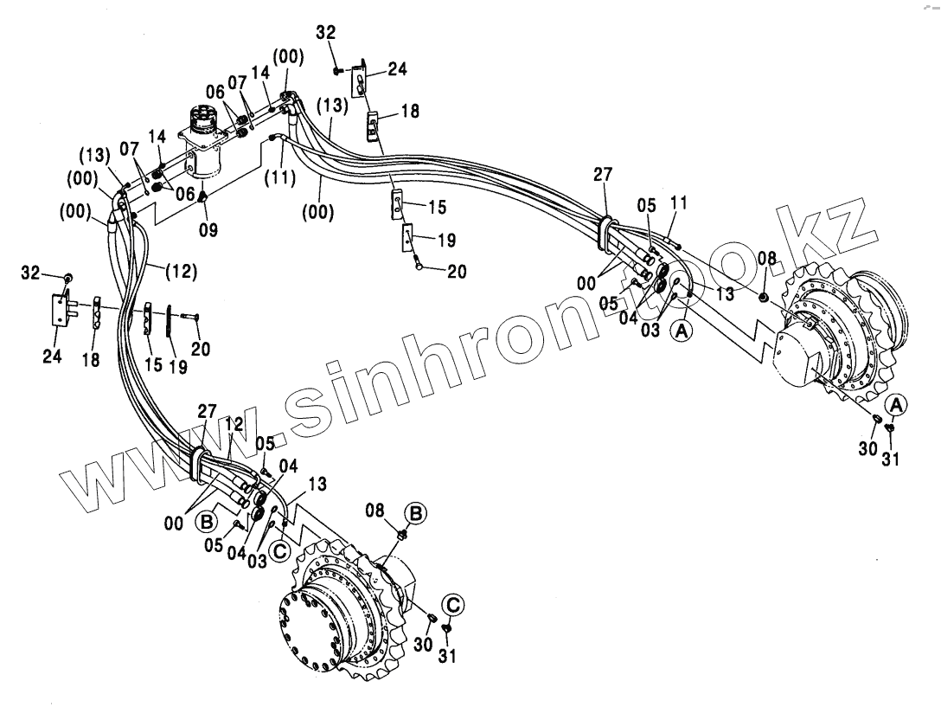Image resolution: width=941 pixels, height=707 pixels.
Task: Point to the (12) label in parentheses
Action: click(182, 271)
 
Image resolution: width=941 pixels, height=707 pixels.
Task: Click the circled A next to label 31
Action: click(897, 404)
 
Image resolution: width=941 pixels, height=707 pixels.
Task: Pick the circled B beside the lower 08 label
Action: click(417, 513)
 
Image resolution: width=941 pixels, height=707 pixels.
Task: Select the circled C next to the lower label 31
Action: click(453, 603)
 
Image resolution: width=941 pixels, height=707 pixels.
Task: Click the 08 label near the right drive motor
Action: click(767, 257)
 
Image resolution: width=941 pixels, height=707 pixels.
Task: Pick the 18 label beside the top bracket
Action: click(409, 112)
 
